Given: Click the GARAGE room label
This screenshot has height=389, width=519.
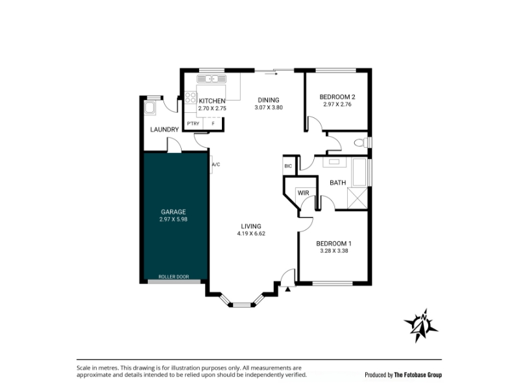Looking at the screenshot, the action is click(173, 212).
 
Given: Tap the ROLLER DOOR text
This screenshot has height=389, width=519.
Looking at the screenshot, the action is click(174, 277).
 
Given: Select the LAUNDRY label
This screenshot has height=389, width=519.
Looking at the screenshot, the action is click(165, 129).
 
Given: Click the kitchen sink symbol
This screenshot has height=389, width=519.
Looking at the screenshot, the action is click(211, 78).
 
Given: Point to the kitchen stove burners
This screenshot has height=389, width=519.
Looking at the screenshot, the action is click(190, 98).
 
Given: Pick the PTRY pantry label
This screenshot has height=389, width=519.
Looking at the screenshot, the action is click(193, 123).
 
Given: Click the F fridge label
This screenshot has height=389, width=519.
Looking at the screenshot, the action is click(213, 123).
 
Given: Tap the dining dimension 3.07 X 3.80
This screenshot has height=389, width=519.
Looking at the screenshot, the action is click(269, 108).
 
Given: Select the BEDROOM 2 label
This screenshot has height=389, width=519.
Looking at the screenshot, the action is click(337, 97).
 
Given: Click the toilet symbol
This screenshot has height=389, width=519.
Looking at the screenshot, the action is click(361, 143).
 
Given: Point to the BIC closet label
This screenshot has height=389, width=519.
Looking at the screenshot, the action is click(288, 166).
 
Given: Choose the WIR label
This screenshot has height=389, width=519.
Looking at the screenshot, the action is click(303, 193).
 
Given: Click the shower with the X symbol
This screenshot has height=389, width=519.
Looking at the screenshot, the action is click(357, 198).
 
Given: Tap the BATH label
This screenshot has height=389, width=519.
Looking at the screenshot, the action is click(337, 183).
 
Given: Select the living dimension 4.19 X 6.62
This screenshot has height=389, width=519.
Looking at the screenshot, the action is click(251, 233).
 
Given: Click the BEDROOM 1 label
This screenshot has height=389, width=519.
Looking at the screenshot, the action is click(333, 244).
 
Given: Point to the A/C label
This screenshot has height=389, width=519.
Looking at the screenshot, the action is click(216, 165).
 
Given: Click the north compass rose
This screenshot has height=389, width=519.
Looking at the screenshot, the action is click(421, 325).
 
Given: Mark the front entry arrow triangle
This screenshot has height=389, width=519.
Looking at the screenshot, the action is click(287, 289).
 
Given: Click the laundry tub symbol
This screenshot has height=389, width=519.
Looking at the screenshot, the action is click(150, 108).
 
